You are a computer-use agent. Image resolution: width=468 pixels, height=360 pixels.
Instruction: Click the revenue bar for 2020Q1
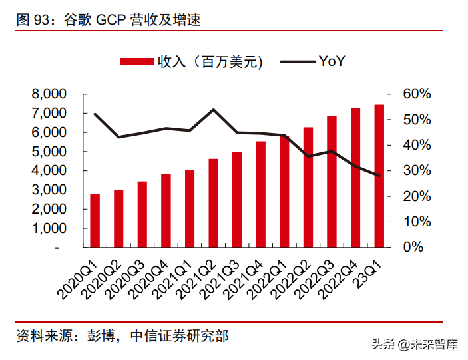point(95,220)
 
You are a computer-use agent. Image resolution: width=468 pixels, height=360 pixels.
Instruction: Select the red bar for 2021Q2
point(213,203)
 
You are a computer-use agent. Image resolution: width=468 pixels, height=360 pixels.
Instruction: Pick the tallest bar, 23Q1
point(379,176)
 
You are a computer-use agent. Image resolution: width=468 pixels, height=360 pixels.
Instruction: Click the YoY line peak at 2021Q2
point(213,110)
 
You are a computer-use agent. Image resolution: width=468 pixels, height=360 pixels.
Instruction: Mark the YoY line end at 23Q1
point(379,176)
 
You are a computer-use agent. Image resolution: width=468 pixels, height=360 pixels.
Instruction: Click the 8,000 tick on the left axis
point(49,94)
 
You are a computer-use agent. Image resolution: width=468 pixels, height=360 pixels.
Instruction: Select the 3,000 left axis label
point(49,190)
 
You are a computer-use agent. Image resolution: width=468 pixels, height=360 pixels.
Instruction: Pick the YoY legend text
point(331,61)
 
